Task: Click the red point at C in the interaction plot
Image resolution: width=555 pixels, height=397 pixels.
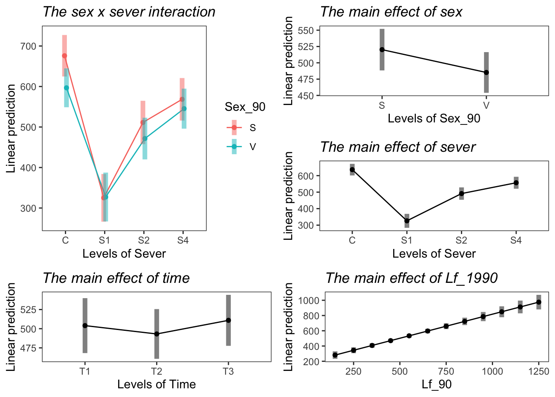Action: click(64, 56)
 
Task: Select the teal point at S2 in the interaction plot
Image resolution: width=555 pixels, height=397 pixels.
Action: click(145, 139)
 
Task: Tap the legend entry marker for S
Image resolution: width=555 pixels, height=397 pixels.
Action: click(234, 127)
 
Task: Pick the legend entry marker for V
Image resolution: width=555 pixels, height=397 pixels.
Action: click(234, 146)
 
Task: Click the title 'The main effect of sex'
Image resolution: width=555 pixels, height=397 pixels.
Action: click(391, 12)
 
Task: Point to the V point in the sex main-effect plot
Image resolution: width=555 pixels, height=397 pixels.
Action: click(486, 72)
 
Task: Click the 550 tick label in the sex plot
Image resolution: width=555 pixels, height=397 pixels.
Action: click(306, 31)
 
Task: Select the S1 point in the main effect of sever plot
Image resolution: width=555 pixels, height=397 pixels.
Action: click(407, 221)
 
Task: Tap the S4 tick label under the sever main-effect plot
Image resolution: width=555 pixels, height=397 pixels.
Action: click(516, 241)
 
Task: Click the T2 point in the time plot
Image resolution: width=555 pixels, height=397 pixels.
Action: click(157, 334)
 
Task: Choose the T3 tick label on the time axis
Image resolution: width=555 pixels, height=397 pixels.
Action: click(228, 371)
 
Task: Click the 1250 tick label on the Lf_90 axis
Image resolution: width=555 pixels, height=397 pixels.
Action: click(538, 371)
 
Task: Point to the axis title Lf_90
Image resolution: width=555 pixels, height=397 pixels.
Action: click(436, 385)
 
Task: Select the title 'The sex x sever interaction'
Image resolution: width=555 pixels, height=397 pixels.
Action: click(129, 12)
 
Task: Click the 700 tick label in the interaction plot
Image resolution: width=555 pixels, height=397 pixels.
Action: click(28, 46)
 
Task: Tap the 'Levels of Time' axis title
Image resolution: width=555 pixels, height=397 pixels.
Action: click(156, 385)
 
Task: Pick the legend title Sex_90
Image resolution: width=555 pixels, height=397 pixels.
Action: click(245, 107)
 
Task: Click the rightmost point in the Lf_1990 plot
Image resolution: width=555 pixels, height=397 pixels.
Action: click(538, 302)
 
